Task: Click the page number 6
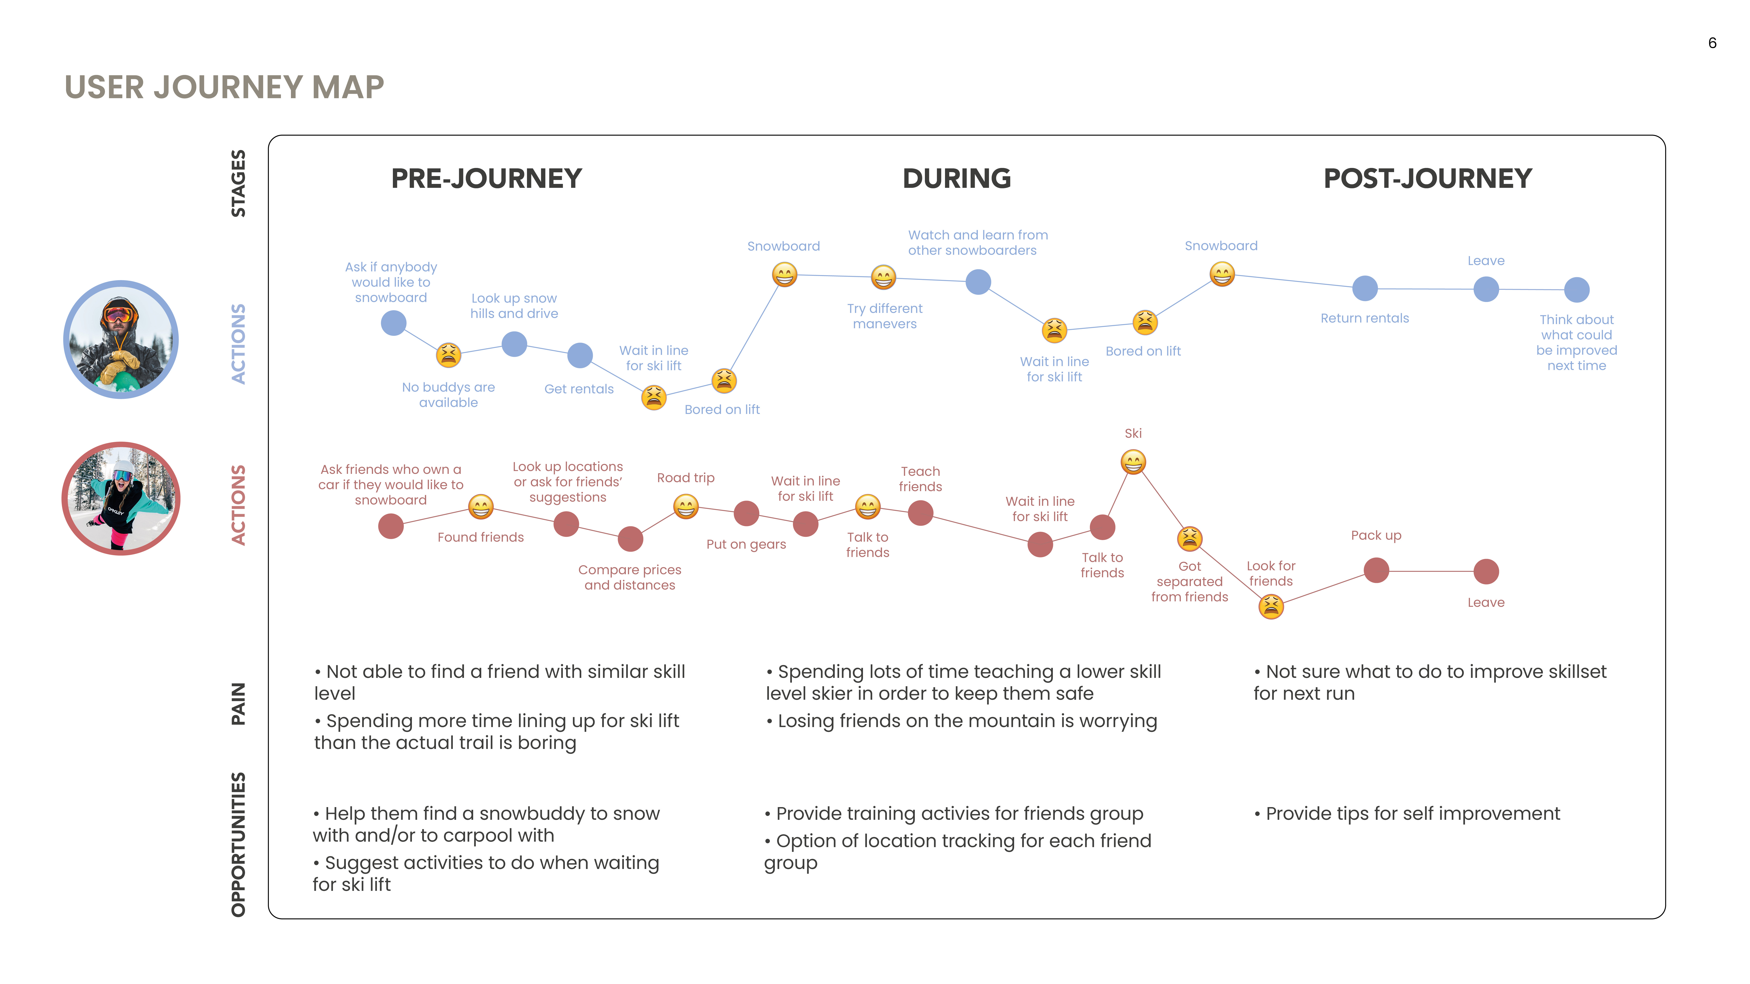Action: [x=1712, y=43]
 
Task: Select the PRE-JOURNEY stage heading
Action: [x=486, y=179]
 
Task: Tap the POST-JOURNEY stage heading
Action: [x=1427, y=179]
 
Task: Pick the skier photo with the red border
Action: [x=121, y=499]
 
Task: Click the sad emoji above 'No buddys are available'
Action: [x=448, y=354]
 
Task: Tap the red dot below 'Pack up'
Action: [x=1376, y=570]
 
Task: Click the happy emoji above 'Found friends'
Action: [x=480, y=507]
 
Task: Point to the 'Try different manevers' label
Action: [x=884, y=316]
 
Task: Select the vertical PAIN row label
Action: [x=238, y=703]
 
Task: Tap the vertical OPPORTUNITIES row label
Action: [x=238, y=845]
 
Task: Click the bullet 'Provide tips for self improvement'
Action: [x=1407, y=813]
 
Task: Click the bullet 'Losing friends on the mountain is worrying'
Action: [x=961, y=721]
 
